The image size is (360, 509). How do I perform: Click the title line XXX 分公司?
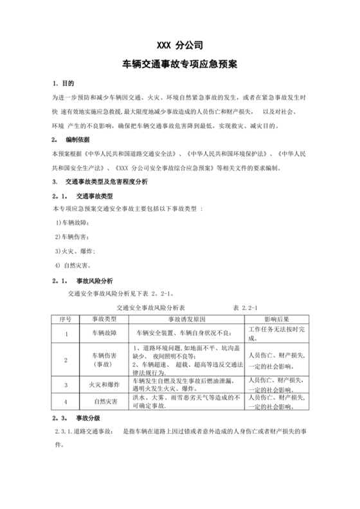tap(180, 46)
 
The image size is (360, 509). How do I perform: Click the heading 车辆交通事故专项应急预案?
tap(180, 64)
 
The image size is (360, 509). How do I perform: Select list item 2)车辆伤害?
tap(71, 237)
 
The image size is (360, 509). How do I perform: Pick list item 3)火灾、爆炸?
tap(75, 251)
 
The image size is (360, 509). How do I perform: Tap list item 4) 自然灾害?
tap(73, 265)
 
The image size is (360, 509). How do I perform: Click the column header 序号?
tap(66, 319)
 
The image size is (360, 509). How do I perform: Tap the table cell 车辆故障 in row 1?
tap(104, 334)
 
